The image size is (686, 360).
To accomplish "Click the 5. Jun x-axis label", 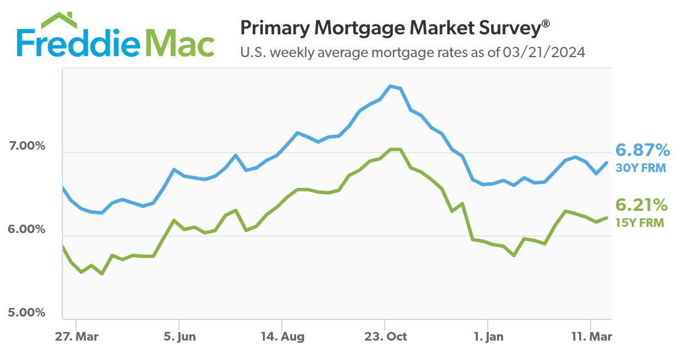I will [x=179, y=337].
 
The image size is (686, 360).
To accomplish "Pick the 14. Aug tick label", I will [x=282, y=337].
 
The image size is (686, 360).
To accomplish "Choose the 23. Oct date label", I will [x=385, y=337].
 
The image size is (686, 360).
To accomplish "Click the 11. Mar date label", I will [x=591, y=337].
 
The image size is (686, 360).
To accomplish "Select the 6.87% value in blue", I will [x=642, y=151].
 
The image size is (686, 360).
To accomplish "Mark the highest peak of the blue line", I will [x=390, y=86].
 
